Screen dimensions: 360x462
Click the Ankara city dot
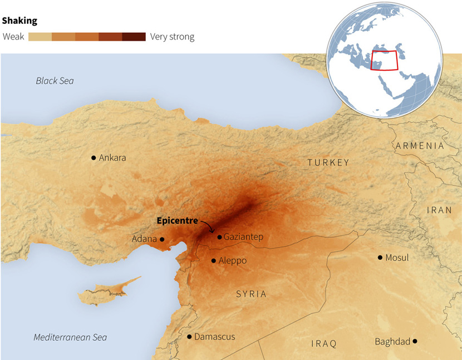[94, 158]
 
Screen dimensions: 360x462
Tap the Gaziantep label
[243, 237]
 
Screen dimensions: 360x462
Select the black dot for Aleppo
[214, 260]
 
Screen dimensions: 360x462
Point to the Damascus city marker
[189, 337]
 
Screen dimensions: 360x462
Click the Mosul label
[397, 258]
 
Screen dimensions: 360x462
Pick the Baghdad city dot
[415, 341]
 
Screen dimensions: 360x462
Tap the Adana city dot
[162, 239]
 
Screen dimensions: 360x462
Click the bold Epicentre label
[177, 221]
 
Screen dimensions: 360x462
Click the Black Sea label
[55, 81]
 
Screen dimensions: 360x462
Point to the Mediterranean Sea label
[70, 337]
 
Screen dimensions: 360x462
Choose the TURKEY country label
[328, 162]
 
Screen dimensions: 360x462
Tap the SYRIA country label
[251, 294]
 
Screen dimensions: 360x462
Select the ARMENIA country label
[420, 146]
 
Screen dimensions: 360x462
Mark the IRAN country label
[440, 210]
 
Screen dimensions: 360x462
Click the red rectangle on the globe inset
[385, 60]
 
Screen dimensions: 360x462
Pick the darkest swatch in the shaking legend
[134, 37]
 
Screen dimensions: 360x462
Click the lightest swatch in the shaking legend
[40, 37]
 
